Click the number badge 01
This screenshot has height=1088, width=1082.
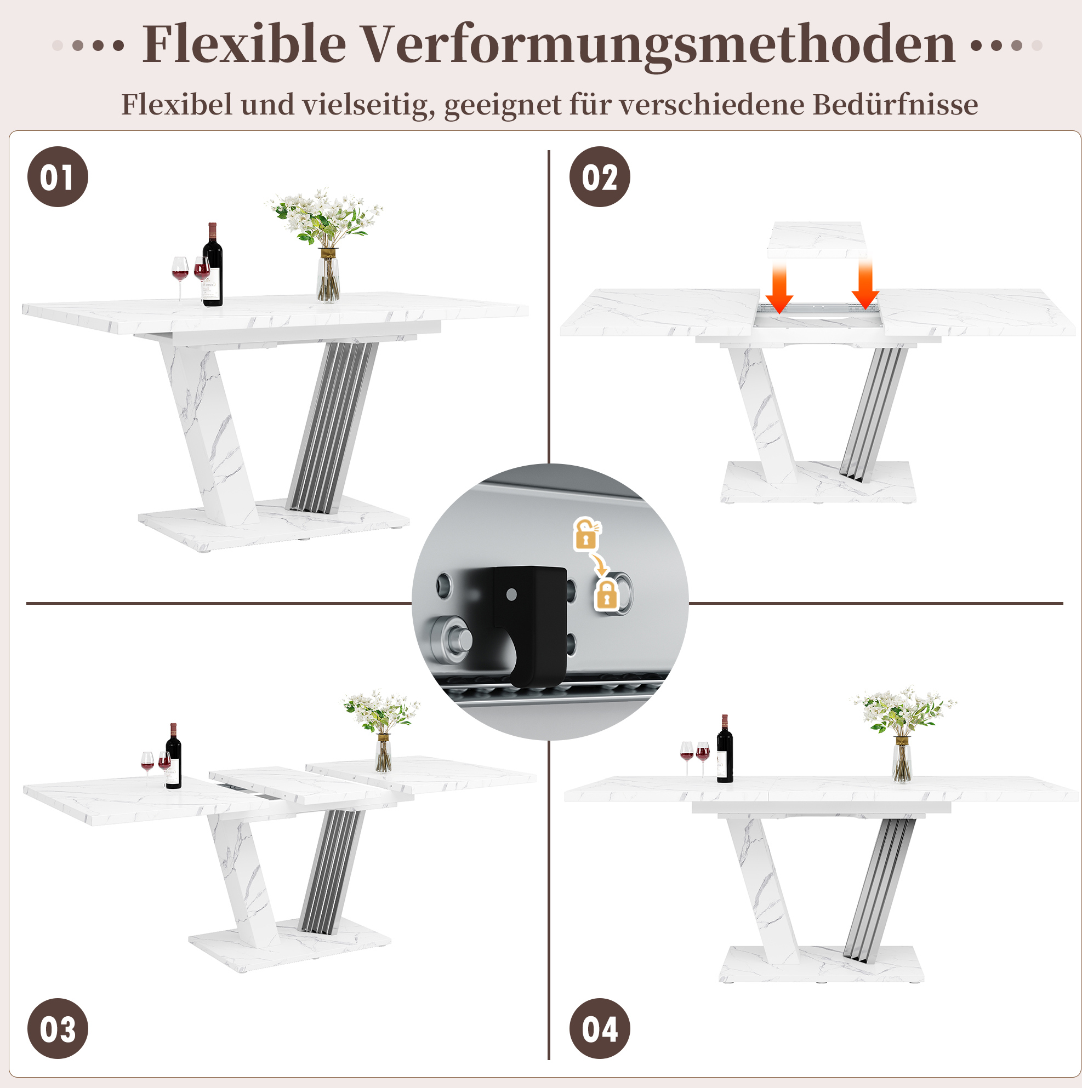[x=58, y=177]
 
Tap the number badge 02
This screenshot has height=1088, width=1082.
[x=600, y=177]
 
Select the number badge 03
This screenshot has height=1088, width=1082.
[x=58, y=1029]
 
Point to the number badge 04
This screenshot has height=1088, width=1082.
[x=600, y=1029]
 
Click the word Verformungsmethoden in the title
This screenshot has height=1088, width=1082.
[x=658, y=45]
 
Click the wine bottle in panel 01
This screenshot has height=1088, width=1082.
[x=213, y=265]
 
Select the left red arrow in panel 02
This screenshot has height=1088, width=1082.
[x=779, y=286]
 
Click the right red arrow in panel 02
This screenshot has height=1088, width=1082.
[x=865, y=283]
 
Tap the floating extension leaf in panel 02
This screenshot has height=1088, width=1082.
[x=817, y=240]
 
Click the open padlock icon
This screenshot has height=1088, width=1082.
[x=586, y=534]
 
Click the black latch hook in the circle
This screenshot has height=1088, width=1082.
[x=529, y=625]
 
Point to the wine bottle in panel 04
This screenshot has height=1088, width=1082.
[x=725, y=749]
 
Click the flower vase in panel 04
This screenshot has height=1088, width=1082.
[x=902, y=760]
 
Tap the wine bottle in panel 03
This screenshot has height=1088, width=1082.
[x=174, y=757]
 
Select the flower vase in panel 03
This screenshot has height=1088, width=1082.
[x=383, y=752]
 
